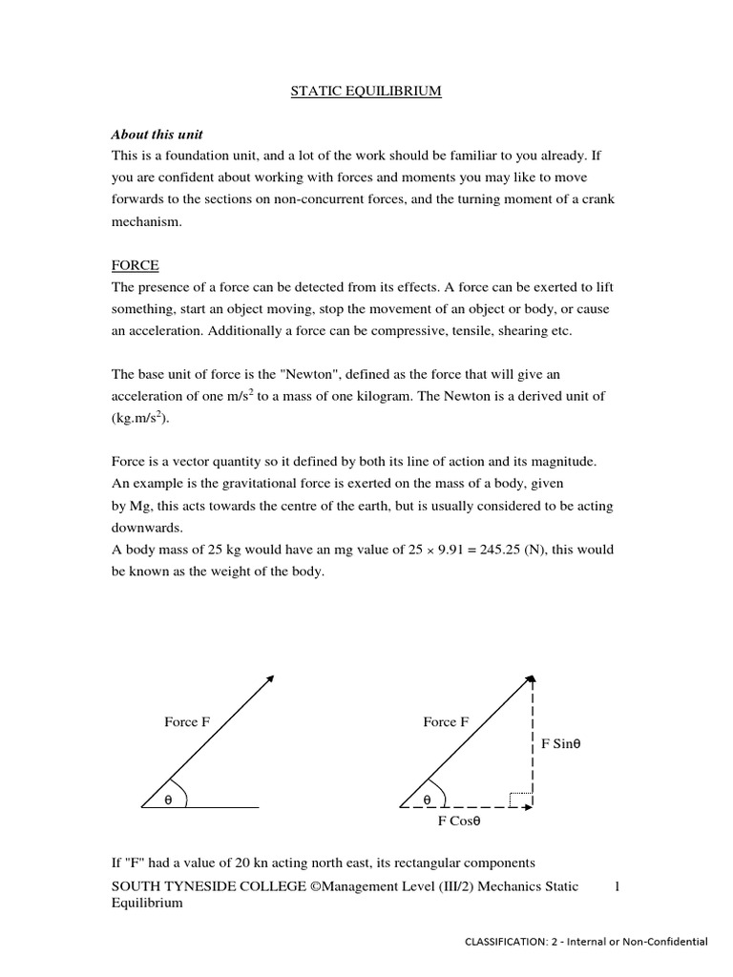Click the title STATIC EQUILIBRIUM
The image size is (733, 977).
[366, 92]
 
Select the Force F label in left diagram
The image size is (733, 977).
[187, 722]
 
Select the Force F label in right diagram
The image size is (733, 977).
[446, 722]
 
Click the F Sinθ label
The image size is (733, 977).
[561, 744]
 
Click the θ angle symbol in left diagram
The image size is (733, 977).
[168, 800]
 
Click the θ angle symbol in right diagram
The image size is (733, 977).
[427, 800]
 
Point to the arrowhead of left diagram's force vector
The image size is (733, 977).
[271, 678]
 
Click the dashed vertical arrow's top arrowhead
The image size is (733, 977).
[532, 679]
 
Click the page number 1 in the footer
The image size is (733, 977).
[618, 887]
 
